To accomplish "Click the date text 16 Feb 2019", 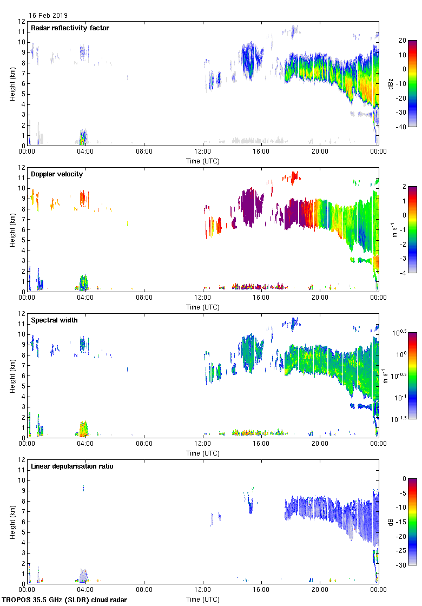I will (x=48, y=16).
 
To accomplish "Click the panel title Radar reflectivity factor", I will (x=70, y=28).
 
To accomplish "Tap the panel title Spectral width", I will (x=54, y=320).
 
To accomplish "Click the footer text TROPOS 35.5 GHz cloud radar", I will (x=65, y=600).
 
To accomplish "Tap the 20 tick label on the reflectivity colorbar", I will (x=403, y=41).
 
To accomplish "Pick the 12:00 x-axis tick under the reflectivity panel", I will (x=203, y=152).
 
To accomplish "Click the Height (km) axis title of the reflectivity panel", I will (x=11, y=83).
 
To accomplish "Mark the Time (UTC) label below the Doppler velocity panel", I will (x=203, y=307).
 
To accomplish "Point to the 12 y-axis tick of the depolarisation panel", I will (x=22, y=460).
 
